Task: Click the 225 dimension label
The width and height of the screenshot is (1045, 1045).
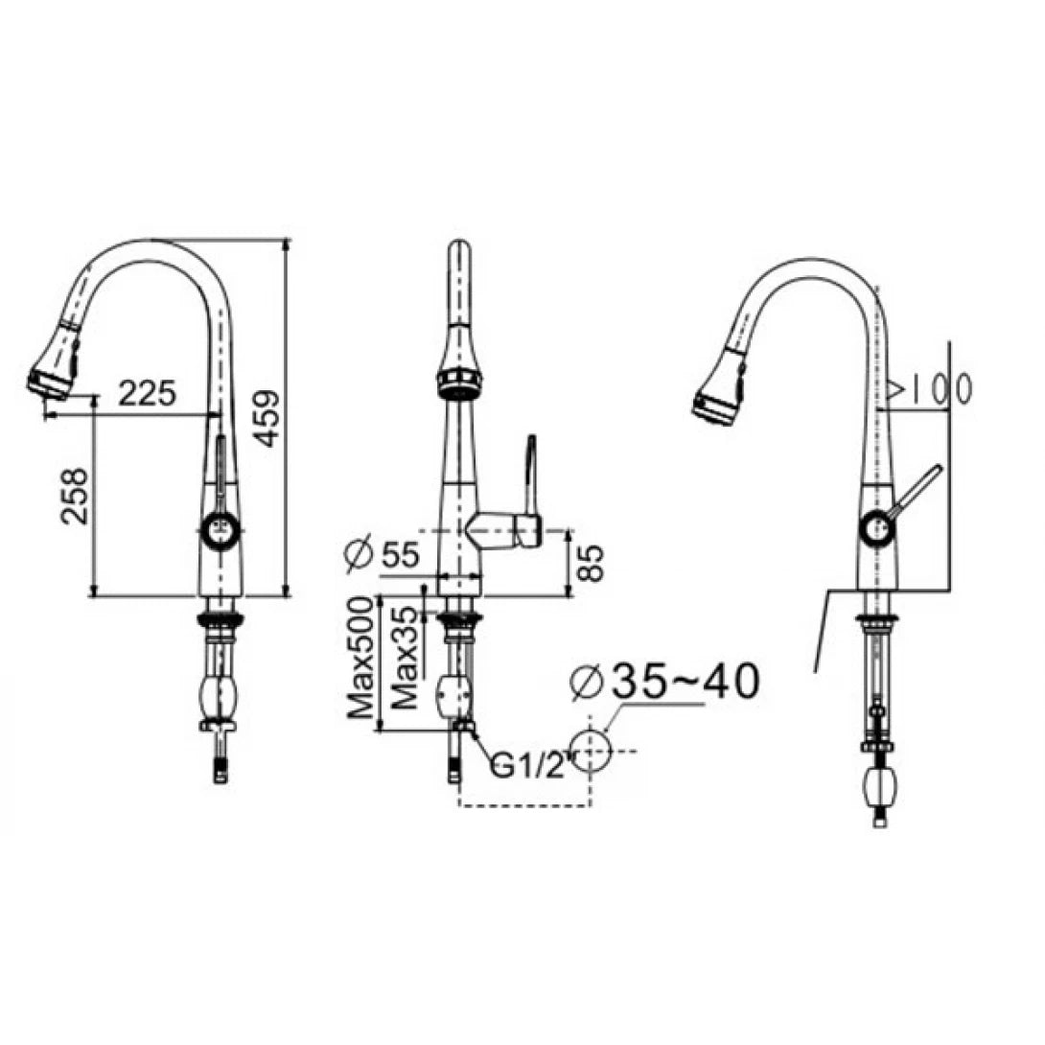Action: (x=147, y=392)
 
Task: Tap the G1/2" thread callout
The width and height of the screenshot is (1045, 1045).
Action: (x=527, y=765)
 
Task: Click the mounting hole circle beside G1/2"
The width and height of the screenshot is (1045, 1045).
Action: (x=590, y=749)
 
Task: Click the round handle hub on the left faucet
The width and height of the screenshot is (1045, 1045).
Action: (x=220, y=526)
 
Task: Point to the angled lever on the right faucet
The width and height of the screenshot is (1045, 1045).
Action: (x=915, y=489)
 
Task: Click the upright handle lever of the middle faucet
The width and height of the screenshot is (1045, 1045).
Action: (x=530, y=475)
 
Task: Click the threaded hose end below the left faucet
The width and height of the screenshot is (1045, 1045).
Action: (x=221, y=768)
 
